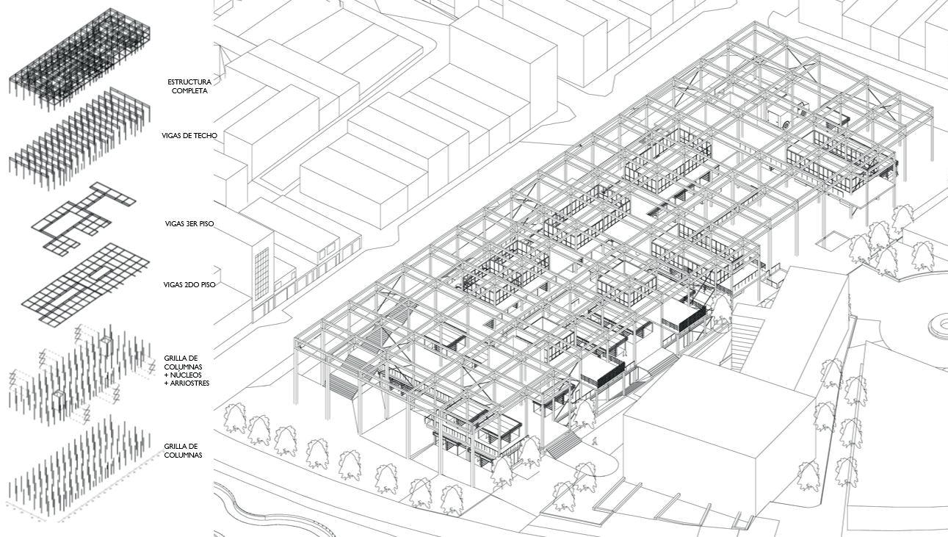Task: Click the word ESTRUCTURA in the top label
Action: [x=189, y=82]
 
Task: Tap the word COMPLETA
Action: [x=189, y=91]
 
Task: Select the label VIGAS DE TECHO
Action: [x=189, y=136]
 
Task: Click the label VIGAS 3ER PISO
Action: [x=189, y=223]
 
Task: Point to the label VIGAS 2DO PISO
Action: [x=189, y=284]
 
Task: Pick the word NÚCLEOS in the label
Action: [x=189, y=375]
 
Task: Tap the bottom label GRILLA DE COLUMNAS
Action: [x=183, y=451]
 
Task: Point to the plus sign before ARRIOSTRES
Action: [x=167, y=383]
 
